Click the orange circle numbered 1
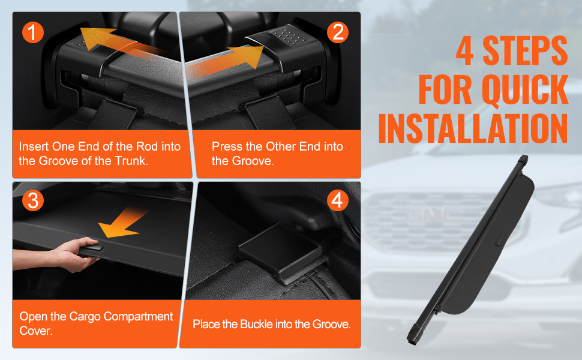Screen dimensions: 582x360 pyautogui.click(x=33, y=32)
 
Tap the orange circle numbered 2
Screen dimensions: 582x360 pyautogui.click(x=338, y=32)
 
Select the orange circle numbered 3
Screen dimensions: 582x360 pyautogui.click(x=33, y=200)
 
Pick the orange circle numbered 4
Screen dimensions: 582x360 pyautogui.click(x=337, y=200)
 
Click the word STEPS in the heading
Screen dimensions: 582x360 pyautogui.click(x=525, y=51)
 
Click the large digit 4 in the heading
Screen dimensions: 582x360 pyautogui.click(x=465, y=51)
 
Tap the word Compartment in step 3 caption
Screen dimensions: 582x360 pyautogui.click(x=138, y=317)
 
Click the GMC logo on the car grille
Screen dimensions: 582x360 pyautogui.click(x=433, y=215)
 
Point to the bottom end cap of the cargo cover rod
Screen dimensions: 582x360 pyautogui.click(x=415, y=333)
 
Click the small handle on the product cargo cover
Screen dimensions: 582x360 pyautogui.click(x=500, y=239)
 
